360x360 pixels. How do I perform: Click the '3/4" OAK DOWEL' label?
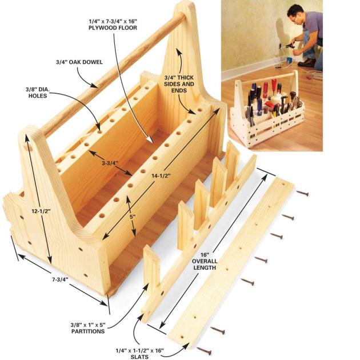click(79, 62)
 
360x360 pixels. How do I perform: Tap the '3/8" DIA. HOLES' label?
click(37, 93)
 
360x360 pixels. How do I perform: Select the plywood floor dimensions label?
click(113, 25)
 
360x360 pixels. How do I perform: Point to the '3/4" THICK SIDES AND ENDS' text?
click(179, 84)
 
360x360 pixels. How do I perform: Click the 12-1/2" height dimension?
click(41, 211)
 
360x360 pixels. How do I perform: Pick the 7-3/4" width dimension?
click(60, 279)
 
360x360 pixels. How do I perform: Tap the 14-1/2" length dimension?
click(161, 175)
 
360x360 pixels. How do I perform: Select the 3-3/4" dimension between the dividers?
click(110, 163)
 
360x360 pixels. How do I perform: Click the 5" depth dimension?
click(132, 216)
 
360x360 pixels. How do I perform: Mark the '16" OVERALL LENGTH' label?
click(205, 261)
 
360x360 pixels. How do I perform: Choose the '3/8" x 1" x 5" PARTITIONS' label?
click(88, 328)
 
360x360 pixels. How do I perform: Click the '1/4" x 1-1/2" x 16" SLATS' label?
click(139, 353)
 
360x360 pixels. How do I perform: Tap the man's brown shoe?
click(306, 62)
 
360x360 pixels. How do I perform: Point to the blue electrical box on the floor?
click(289, 61)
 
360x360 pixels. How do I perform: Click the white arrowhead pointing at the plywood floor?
click(150, 139)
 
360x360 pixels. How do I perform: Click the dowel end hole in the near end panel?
click(29, 147)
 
